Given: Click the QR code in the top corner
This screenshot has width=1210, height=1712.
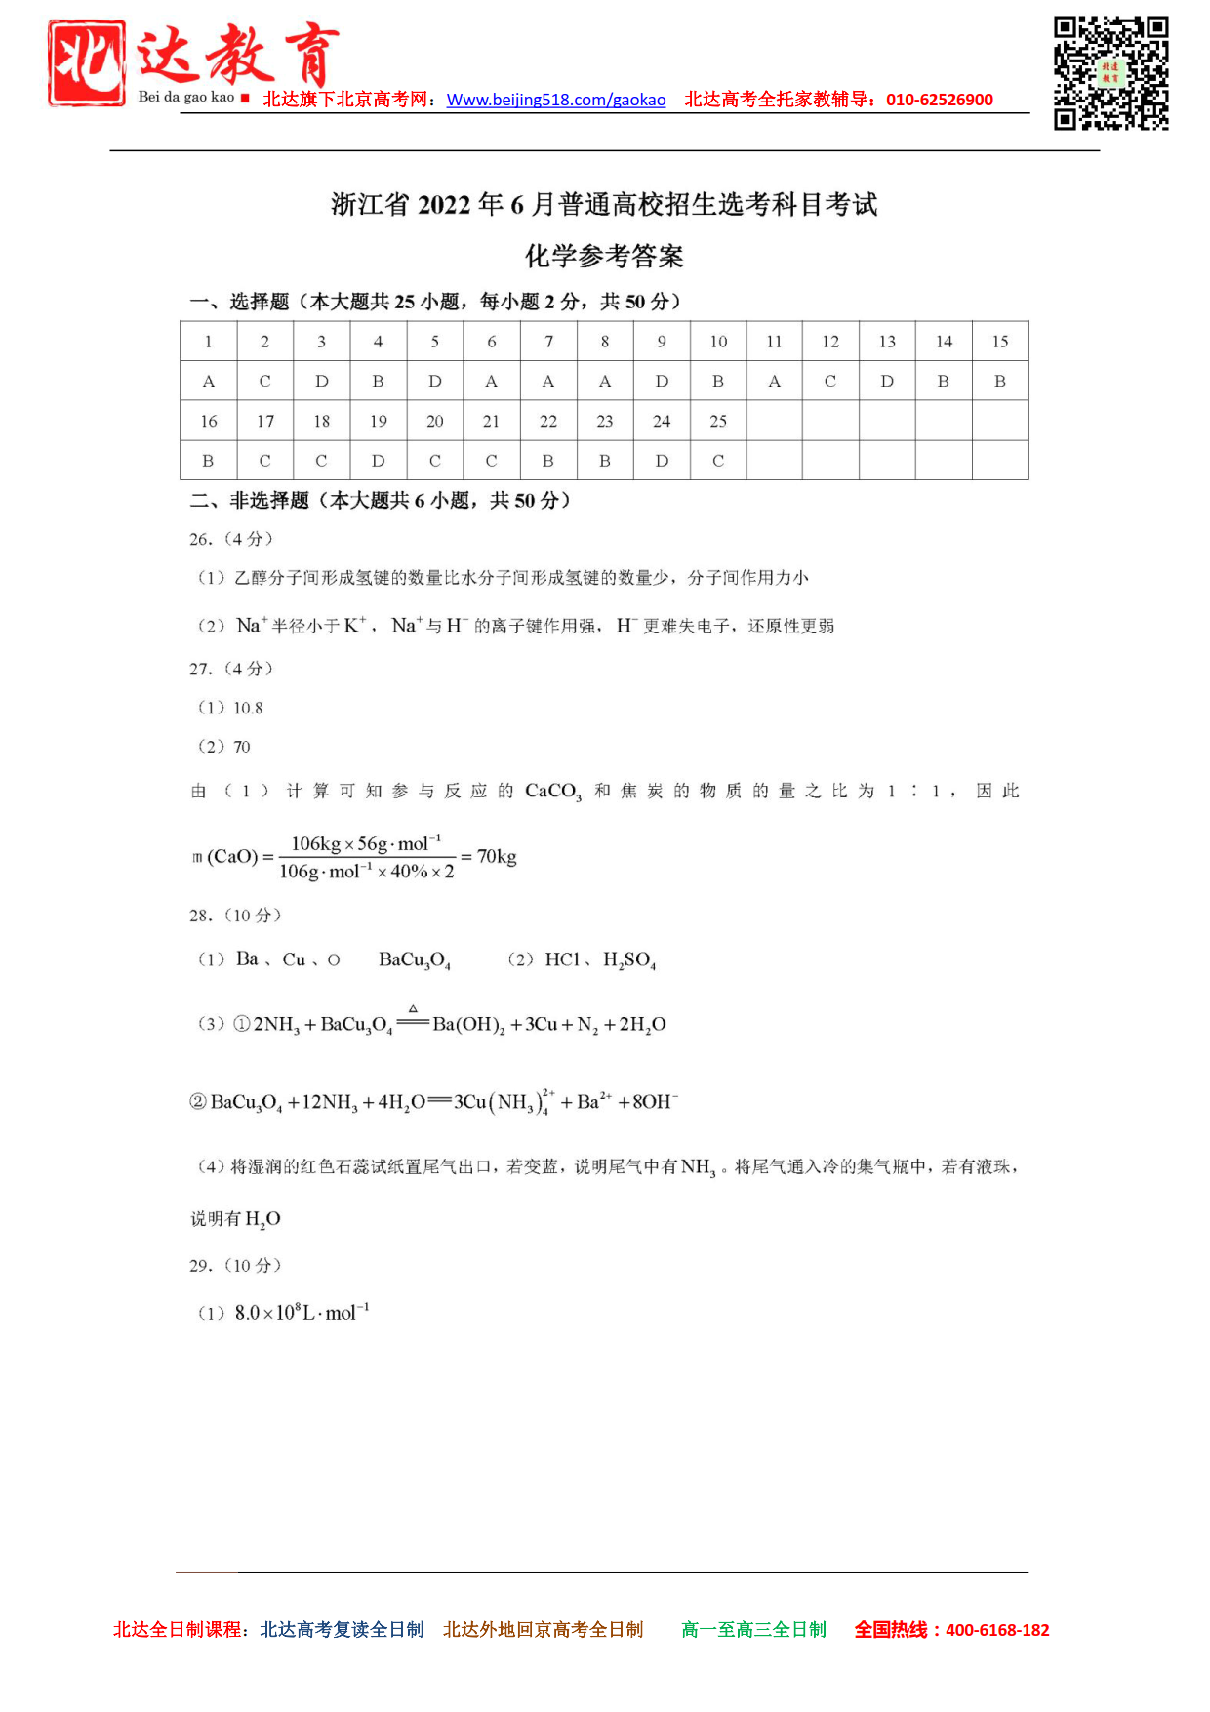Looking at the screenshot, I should (1110, 72).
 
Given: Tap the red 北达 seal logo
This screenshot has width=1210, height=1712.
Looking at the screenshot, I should (87, 62).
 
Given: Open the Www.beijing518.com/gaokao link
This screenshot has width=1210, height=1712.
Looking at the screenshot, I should (556, 100).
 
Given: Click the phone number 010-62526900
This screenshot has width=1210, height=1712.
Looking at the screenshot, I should (939, 100).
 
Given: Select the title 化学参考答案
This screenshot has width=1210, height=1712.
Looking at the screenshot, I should (604, 257).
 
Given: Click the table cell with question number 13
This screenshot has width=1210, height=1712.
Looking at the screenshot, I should (887, 342).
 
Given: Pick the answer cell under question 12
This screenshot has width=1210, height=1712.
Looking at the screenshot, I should (830, 382).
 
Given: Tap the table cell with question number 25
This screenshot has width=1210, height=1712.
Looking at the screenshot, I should (718, 422).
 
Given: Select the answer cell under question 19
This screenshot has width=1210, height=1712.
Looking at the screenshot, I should (379, 461).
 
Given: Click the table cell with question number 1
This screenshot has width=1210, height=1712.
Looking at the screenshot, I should (208, 342).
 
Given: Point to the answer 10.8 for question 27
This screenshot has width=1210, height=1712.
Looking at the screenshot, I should (248, 709).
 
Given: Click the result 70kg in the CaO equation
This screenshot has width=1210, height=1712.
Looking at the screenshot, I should (497, 857).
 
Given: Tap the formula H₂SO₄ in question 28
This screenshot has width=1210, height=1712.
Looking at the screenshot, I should (629, 960).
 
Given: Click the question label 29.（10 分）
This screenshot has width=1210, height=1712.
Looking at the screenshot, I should (235, 1266).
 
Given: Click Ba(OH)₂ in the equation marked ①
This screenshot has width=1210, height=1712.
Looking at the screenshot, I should (468, 1025).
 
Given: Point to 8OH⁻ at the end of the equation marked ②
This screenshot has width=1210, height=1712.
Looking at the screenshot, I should (655, 1102).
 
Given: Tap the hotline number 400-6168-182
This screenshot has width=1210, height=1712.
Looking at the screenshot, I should (997, 1630).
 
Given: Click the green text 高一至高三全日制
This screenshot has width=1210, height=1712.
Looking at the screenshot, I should (753, 1630).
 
